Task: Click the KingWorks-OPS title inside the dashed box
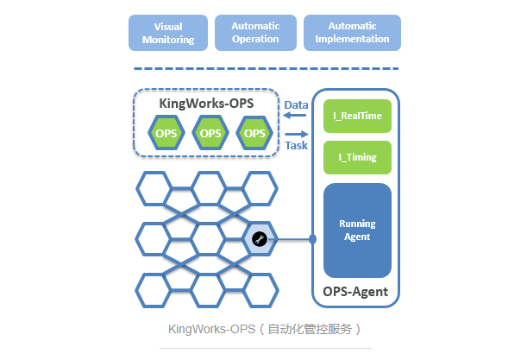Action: [x=206, y=104]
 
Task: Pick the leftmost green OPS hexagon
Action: [x=166, y=133]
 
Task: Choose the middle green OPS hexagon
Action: [x=210, y=133]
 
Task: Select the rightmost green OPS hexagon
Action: [x=254, y=133]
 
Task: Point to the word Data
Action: [x=296, y=105]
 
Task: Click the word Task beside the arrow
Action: [x=296, y=145]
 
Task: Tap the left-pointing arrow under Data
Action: [x=295, y=116]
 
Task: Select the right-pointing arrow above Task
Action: [x=297, y=134]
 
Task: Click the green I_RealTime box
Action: [x=357, y=116]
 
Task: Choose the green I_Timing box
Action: [x=357, y=157]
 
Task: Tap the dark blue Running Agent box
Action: [x=357, y=231]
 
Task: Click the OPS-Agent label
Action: [x=355, y=292]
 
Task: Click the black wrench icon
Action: [x=260, y=239]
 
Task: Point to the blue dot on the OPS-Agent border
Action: [x=312, y=239]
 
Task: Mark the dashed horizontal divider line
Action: [x=267, y=69]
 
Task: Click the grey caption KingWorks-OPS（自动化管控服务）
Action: [x=265, y=329]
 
